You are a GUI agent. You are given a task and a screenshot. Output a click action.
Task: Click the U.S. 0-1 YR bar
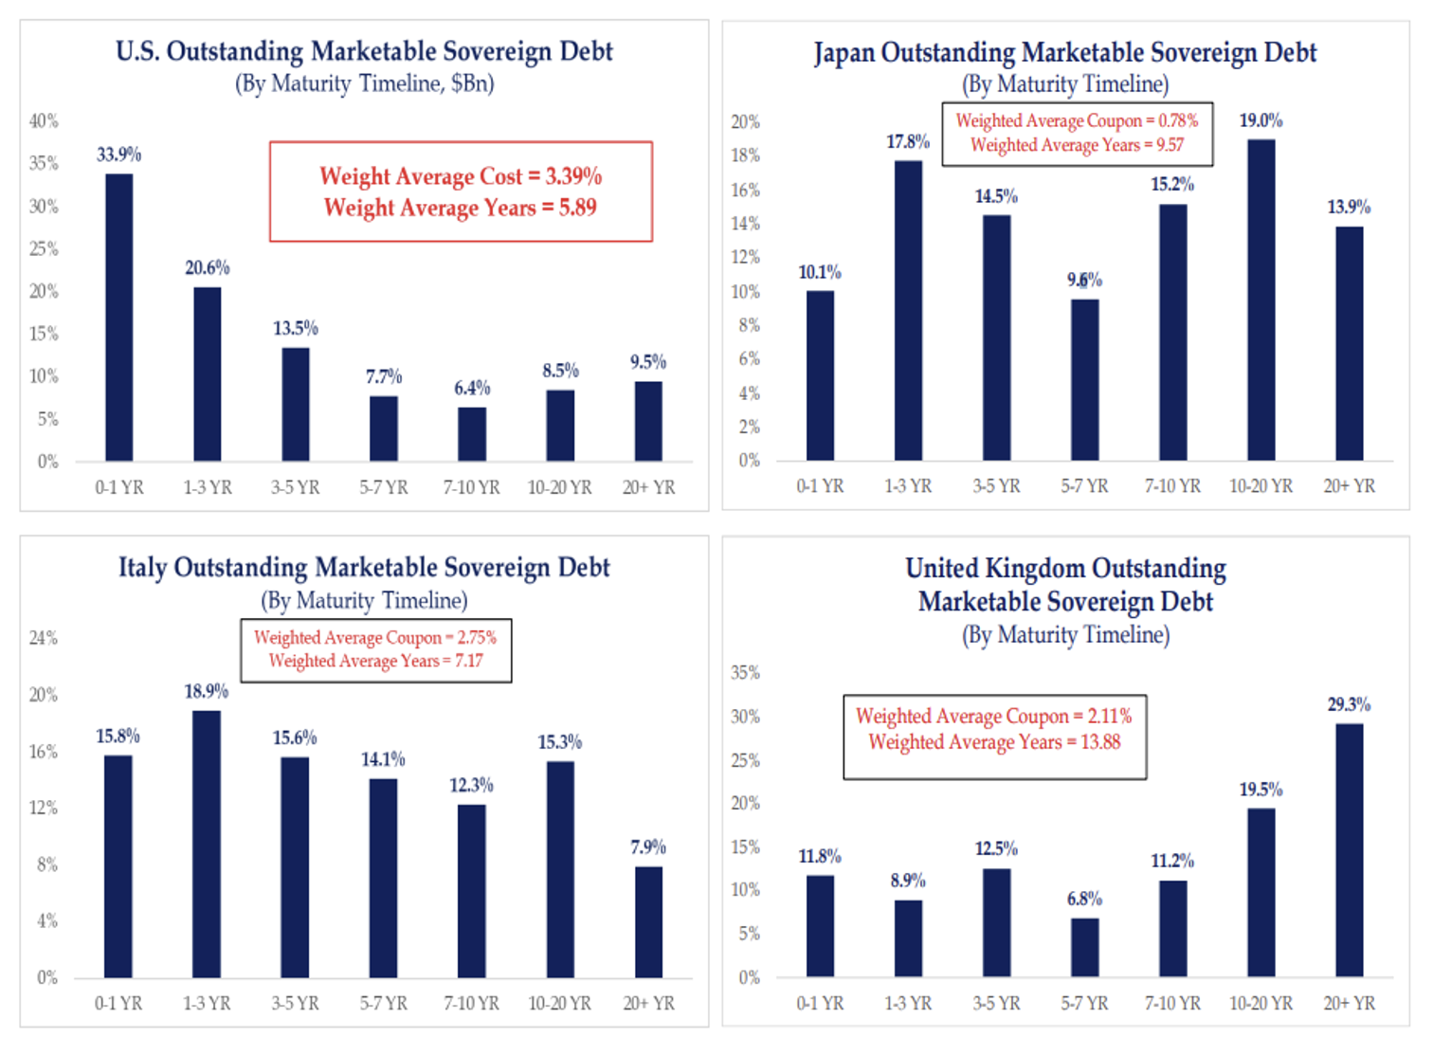[119, 318]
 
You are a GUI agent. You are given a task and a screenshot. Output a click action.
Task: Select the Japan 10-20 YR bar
[1261, 300]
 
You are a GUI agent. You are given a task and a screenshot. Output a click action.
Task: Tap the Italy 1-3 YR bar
[207, 844]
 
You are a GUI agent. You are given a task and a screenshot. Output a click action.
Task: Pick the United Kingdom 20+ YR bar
[1349, 850]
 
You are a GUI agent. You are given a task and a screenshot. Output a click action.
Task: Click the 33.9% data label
[119, 155]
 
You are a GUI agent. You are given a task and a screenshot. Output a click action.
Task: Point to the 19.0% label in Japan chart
[1261, 120]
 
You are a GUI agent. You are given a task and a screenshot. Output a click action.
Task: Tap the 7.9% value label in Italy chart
[648, 846]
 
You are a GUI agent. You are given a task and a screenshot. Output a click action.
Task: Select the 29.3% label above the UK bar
[1349, 704]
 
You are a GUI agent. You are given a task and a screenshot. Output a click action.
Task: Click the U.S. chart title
[364, 51]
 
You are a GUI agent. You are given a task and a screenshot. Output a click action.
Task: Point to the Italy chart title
[364, 567]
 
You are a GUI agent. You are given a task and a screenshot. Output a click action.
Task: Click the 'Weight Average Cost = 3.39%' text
[461, 176]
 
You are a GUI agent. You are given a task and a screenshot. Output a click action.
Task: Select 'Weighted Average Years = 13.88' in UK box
[994, 742]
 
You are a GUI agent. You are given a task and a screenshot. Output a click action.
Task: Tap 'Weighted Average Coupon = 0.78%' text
[1077, 120]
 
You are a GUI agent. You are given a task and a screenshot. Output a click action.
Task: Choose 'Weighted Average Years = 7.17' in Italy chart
[375, 661]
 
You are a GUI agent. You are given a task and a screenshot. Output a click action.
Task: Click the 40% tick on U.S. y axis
[44, 120]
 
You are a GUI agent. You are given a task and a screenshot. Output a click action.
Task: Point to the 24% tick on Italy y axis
[44, 638]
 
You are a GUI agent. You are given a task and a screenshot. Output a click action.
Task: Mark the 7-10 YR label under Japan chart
[1172, 486]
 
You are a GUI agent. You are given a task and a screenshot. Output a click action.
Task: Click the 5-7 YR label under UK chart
[1084, 1003]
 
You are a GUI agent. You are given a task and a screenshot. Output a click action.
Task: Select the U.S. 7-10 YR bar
[472, 434]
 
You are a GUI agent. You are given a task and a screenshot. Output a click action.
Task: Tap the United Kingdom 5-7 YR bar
[1084, 947]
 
